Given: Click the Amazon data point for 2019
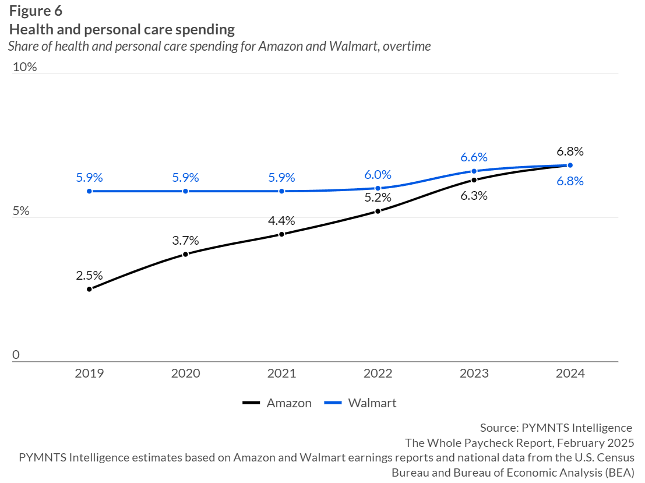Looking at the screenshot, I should pos(89,289).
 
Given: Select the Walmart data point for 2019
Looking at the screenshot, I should pos(89,191).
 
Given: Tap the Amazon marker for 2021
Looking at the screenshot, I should pos(281,234).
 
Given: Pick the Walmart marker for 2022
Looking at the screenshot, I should pos(378,188).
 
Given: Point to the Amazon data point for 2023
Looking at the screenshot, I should pos(474,180).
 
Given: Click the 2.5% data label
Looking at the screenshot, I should pos(89,275).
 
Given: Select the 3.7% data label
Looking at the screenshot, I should pos(185,240).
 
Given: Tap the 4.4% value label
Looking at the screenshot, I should pos(281,220).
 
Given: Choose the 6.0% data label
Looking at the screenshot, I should pos(378,174).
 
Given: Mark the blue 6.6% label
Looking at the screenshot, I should pos(474,157).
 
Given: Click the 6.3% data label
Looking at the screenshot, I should pos(474,196).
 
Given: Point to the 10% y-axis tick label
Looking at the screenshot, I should pos(24,67).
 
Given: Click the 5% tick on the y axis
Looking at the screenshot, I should pos(21,211).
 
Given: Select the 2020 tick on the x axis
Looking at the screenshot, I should pos(185,373).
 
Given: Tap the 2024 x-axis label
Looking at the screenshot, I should pos(570,373).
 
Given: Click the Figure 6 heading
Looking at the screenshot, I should pos(36,11).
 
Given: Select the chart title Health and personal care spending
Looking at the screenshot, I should pos(122,29).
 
